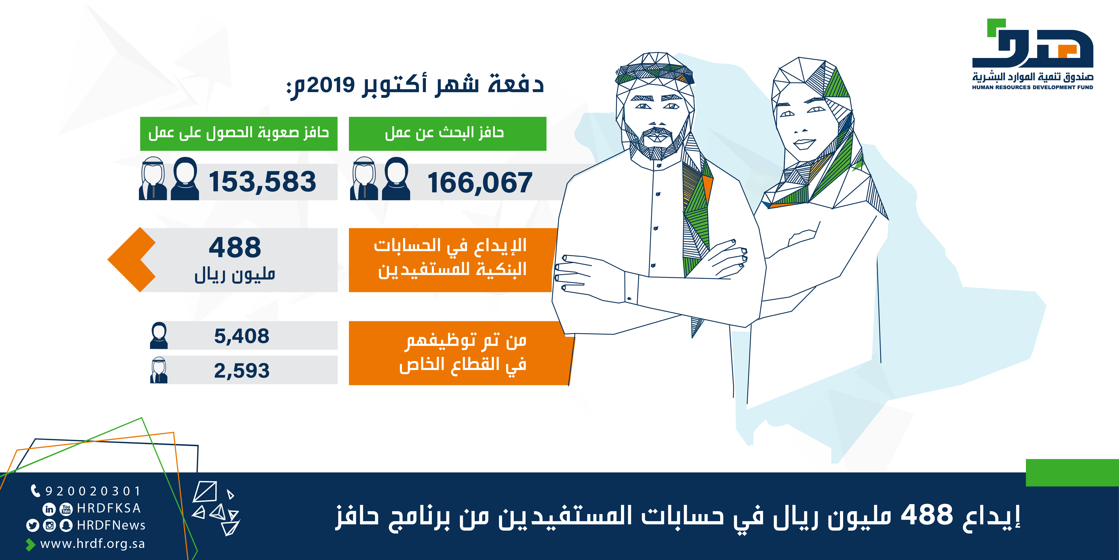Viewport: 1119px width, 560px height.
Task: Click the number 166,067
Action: click(480, 183)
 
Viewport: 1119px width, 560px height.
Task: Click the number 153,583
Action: click(262, 182)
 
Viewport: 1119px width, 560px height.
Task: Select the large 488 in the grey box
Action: click(235, 247)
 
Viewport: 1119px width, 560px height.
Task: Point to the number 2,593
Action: click(242, 371)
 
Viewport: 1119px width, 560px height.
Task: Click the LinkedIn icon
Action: click(49, 509)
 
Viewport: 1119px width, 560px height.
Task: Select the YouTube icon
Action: click(66, 509)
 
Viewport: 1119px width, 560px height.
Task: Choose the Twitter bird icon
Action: click(33, 526)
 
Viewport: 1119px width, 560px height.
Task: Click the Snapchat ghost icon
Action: click(66, 526)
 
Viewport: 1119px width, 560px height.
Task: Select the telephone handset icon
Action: click(35, 491)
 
